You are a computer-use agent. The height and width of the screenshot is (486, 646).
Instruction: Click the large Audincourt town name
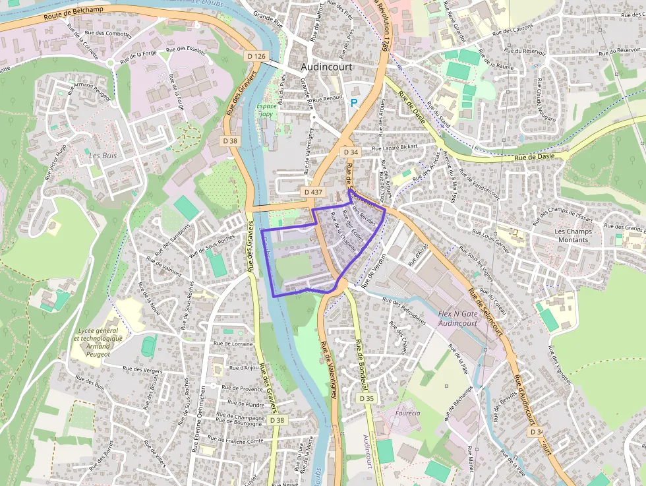(x=326, y=67)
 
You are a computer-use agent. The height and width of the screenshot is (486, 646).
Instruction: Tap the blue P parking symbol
(x=354, y=103)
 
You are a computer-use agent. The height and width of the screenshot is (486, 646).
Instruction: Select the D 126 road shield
(x=256, y=57)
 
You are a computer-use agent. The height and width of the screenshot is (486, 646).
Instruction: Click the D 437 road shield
(x=314, y=191)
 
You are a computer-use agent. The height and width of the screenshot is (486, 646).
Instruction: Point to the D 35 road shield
(x=367, y=398)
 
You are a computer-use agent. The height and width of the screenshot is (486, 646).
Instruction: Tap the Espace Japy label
(x=267, y=109)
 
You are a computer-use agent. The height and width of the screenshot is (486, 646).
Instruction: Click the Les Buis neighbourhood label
(x=103, y=156)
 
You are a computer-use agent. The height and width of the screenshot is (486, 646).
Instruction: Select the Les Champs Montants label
(x=573, y=235)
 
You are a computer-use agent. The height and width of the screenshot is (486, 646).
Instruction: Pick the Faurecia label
(x=408, y=413)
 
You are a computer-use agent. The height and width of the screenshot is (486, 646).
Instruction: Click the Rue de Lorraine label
(x=234, y=344)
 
